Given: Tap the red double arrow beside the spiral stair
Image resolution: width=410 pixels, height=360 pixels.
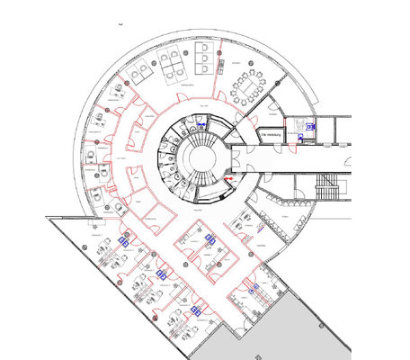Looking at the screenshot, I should click(229, 180).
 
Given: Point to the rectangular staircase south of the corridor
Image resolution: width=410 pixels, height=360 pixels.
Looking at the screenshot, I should click(325, 189).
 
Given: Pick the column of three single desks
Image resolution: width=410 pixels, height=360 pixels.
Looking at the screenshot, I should click(206, 58).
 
